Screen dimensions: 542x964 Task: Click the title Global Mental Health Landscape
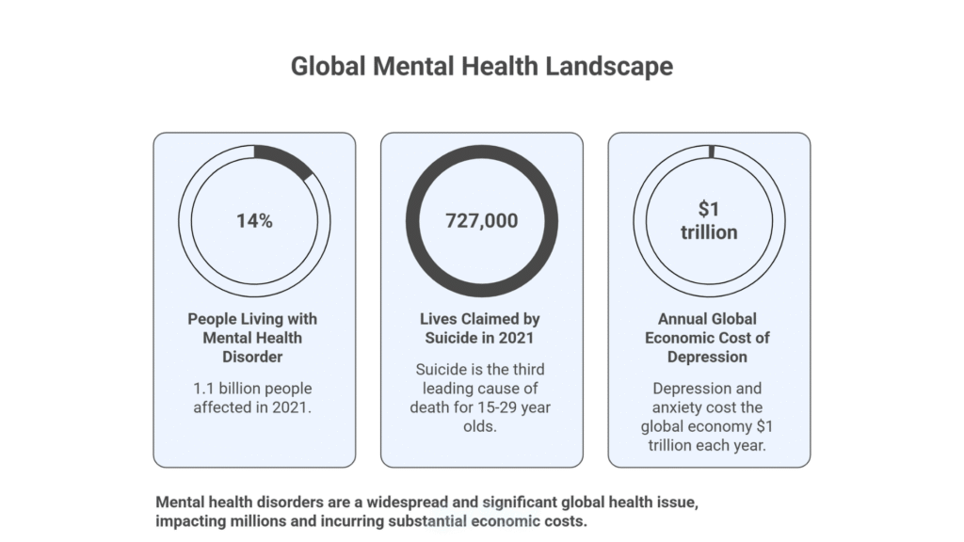481,67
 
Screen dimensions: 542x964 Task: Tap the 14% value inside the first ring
254,221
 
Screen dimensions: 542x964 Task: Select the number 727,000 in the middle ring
481,221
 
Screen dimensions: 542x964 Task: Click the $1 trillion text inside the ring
709,221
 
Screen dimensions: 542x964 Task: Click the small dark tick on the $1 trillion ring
712,151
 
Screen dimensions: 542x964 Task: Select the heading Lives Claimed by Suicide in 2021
481,328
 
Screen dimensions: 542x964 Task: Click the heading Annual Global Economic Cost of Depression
709,338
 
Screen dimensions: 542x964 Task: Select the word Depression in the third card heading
709,357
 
